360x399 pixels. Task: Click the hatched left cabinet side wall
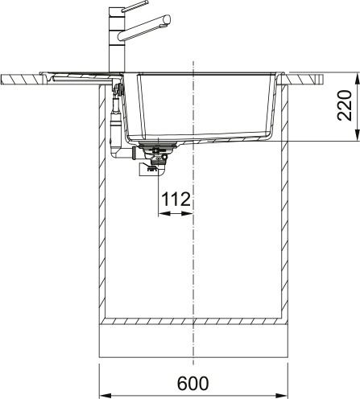pyautogui.click(x=102, y=201)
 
